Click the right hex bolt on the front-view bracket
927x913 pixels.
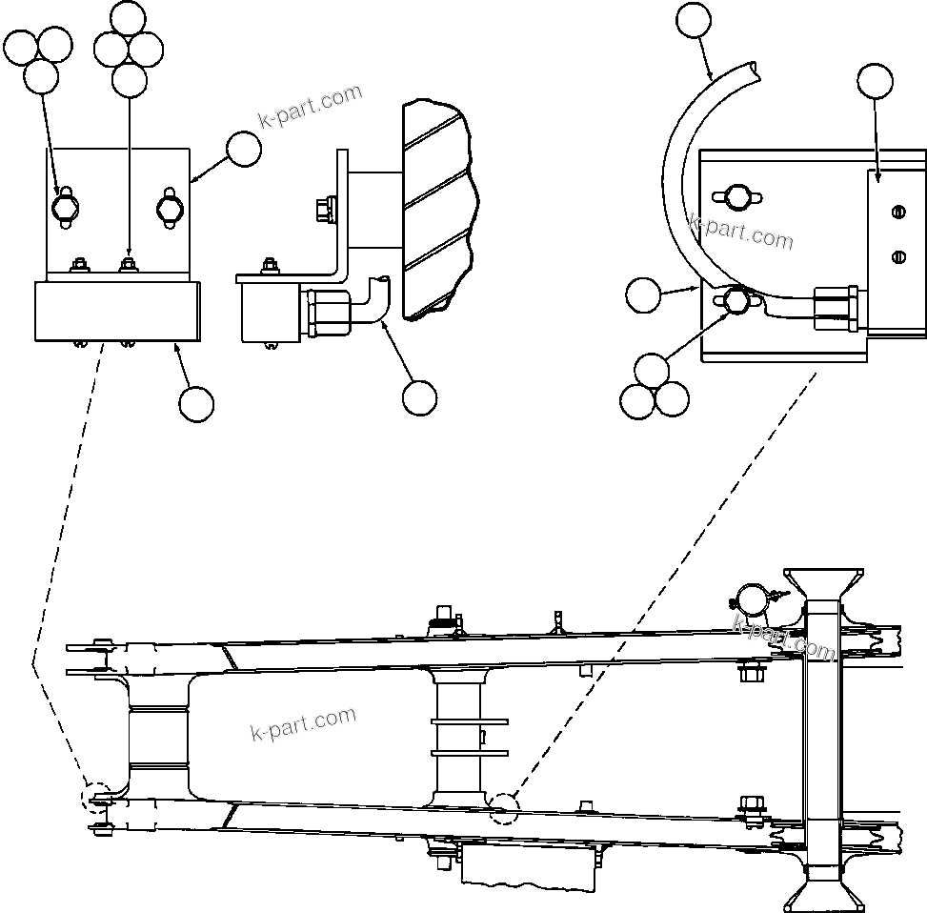point(169,208)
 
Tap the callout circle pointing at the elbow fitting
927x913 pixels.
point(419,398)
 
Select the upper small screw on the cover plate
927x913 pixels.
point(896,213)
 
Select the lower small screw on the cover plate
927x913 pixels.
point(896,254)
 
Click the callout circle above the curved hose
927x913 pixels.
point(694,20)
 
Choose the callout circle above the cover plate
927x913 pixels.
point(876,82)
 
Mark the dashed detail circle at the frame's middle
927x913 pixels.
point(503,808)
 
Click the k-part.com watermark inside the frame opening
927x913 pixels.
point(303,721)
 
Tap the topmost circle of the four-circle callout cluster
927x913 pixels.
point(130,18)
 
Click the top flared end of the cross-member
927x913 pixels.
point(823,582)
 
